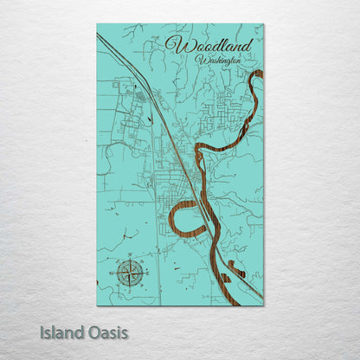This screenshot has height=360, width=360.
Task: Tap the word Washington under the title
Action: tap(217, 61)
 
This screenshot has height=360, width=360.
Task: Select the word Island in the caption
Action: tap(61, 331)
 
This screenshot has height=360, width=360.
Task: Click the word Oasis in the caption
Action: tap(107, 331)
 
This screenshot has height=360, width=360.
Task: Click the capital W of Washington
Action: tap(201, 60)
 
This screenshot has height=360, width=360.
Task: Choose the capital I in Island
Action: tap(42, 331)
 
